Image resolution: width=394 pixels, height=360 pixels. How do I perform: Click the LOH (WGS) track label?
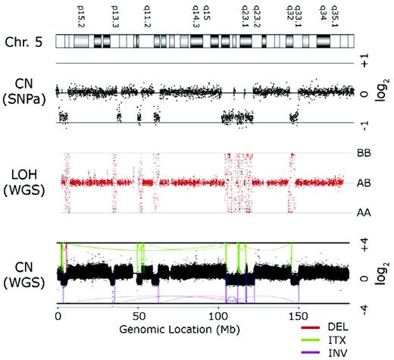[x=28, y=182]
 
